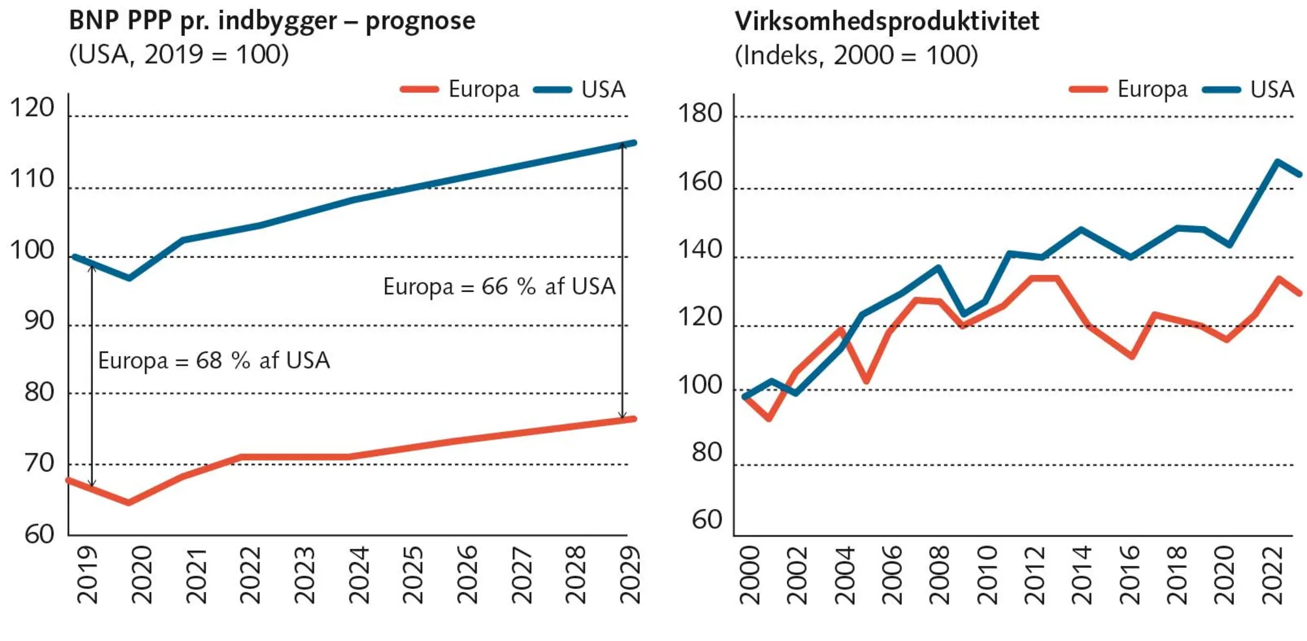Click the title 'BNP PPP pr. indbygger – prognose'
point(272,21)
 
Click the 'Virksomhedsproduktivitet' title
point(886,21)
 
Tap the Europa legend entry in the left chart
point(461,89)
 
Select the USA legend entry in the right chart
point(1249,89)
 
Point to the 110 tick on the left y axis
point(31,178)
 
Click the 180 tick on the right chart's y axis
point(699,114)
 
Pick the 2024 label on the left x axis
point(359,575)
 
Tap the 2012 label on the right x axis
point(1035,575)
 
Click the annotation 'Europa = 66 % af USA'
point(499,286)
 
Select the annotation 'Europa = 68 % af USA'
point(214,360)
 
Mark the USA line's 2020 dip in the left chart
point(129,278)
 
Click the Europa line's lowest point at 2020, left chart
point(129,502)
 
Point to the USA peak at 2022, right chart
point(1277,161)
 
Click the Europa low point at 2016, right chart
point(1132,356)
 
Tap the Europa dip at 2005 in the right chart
point(866,380)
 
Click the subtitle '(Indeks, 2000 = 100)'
point(856,55)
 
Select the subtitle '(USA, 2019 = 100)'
point(178,54)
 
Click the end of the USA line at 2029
point(633,143)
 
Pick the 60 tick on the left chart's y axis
point(39,534)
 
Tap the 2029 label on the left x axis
point(629,575)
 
